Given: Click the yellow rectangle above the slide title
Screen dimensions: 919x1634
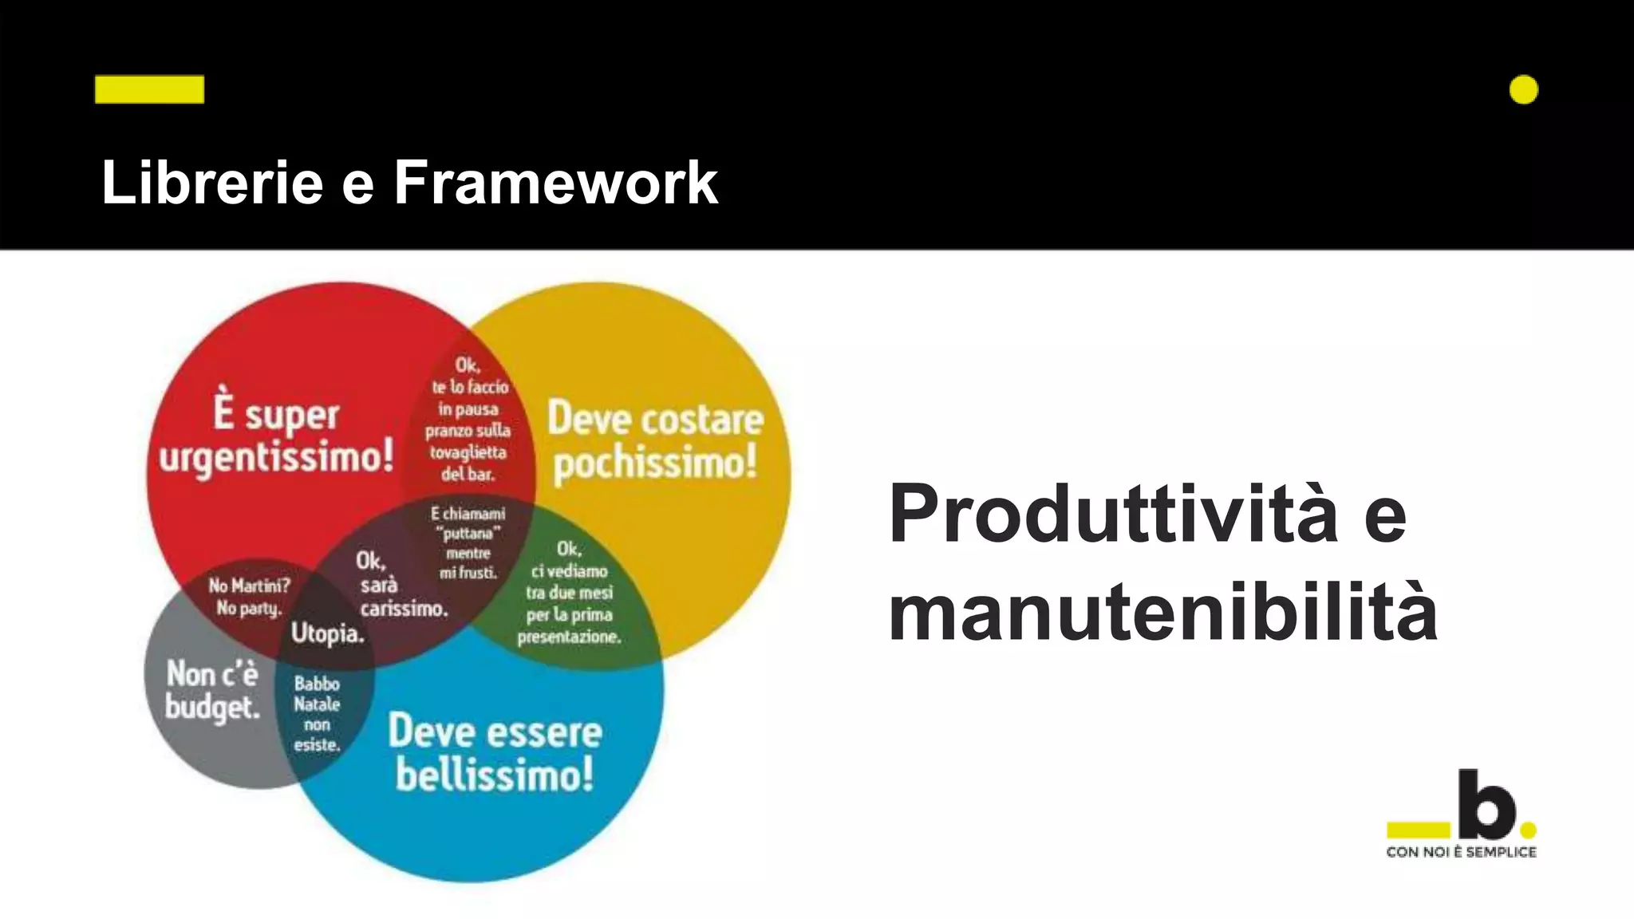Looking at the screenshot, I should click(149, 89).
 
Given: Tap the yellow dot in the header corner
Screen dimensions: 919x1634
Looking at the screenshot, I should click(1523, 90).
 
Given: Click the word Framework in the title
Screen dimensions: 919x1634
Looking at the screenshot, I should click(555, 183).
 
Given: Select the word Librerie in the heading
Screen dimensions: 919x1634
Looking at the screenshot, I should click(212, 183).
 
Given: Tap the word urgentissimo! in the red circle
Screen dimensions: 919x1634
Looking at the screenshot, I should click(276, 457).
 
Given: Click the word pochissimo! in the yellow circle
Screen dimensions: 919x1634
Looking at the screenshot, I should click(655, 462).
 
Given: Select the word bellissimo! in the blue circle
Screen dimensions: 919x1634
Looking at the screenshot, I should click(495, 774).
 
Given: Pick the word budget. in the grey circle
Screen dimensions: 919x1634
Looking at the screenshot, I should click(212, 707).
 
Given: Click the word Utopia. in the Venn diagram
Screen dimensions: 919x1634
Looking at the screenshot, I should click(327, 633).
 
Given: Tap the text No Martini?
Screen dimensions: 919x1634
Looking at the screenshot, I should click(249, 586).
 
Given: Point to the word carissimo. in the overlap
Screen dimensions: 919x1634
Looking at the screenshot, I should click(404, 609).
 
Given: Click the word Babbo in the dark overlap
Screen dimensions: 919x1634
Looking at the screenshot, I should click(317, 684).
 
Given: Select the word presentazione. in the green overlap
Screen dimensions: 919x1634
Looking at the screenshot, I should click(569, 637).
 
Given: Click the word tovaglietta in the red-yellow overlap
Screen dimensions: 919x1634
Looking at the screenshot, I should click(468, 452).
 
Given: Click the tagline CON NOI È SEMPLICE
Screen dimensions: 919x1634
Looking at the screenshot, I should click(1461, 852).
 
